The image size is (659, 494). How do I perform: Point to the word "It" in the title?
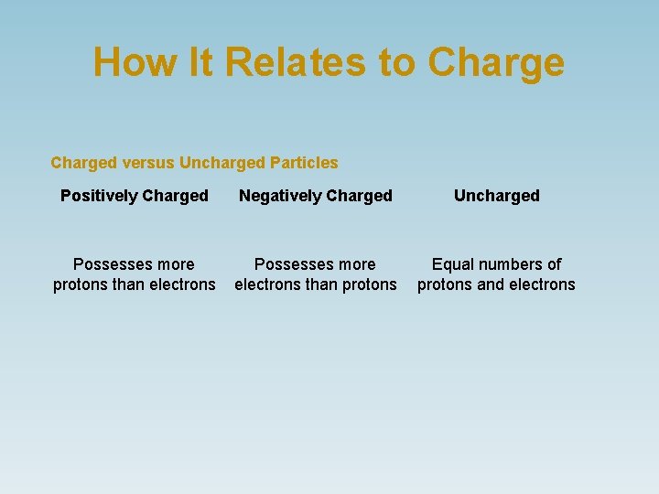click(204, 62)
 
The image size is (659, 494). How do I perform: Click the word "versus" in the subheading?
click(148, 163)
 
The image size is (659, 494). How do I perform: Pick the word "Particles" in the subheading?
click(304, 163)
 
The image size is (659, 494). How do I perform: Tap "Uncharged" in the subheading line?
click(222, 163)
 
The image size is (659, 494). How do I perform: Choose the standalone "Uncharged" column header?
click(497, 196)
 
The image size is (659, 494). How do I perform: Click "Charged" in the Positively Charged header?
click(175, 196)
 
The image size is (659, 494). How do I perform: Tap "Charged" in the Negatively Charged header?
click(359, 196)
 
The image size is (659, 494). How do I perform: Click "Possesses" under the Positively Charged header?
click(111, 264)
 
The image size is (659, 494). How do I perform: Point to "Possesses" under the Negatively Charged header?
click(292, 264)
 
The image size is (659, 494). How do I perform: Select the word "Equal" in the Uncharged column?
click(451, 264)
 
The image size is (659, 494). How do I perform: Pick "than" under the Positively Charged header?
click(129, 285)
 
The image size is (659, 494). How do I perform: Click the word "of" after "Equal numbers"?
click(554, 264)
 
